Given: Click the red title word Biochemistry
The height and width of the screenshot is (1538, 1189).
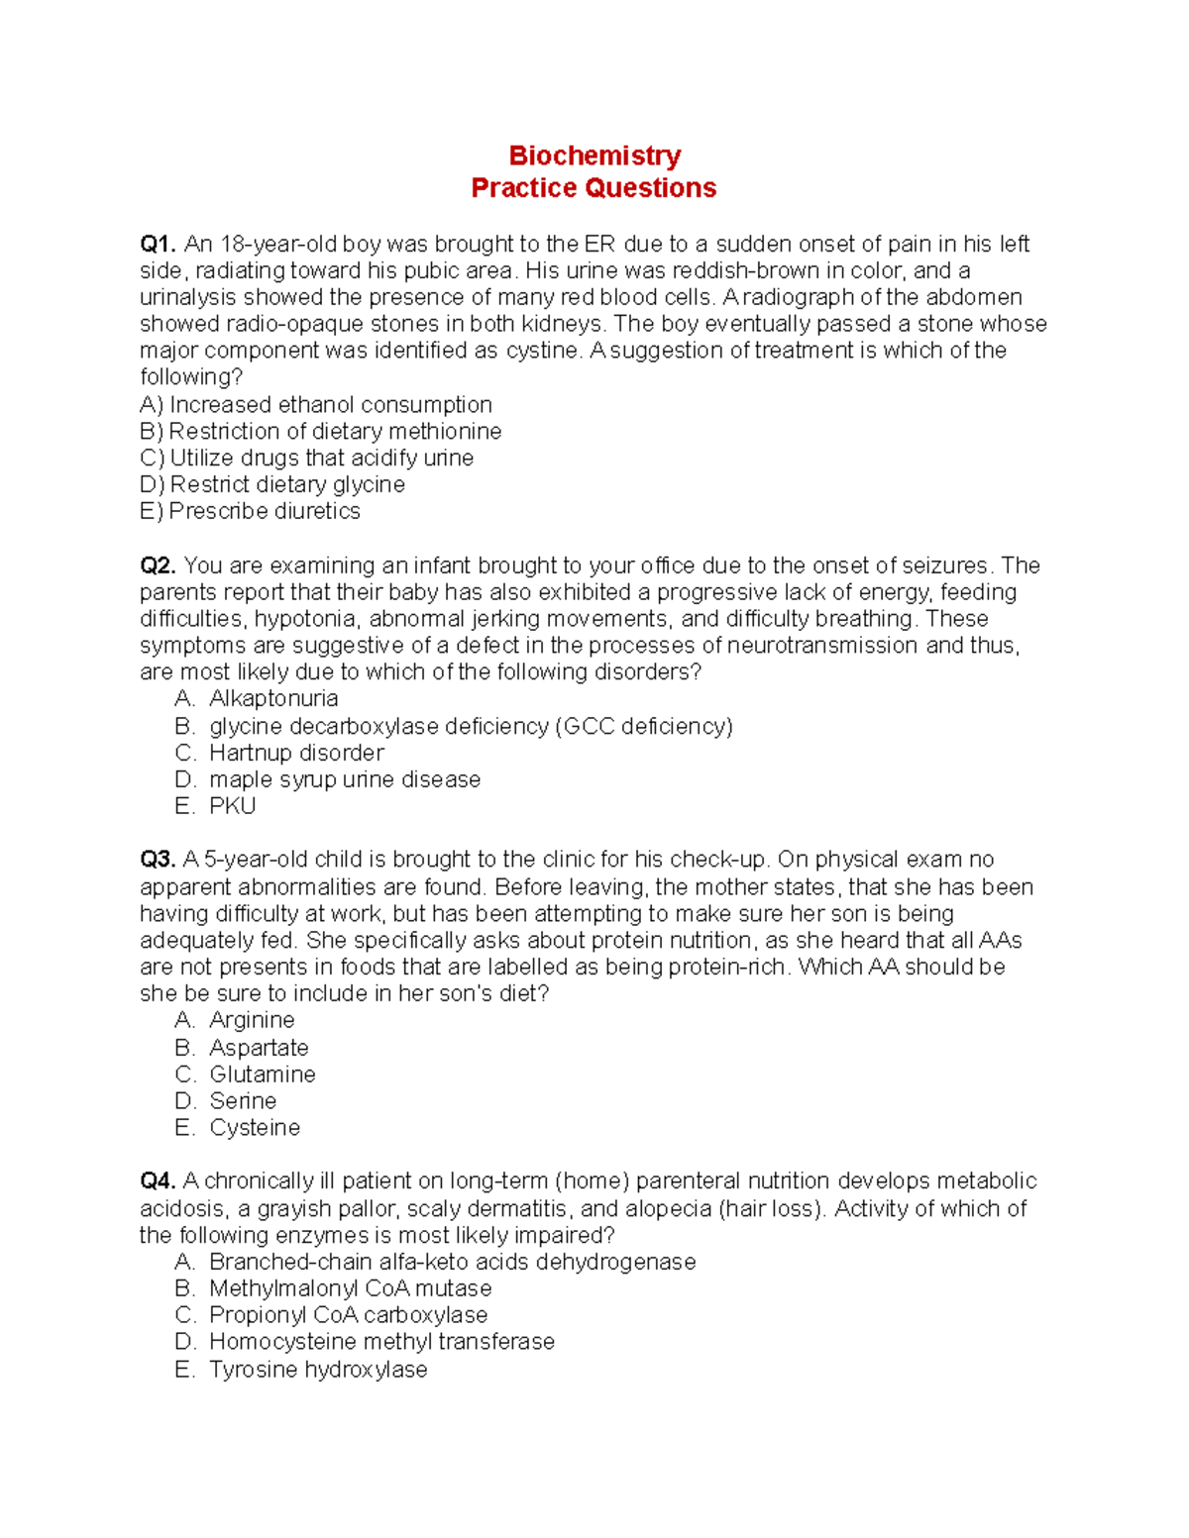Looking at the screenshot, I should click(x=594, y=155).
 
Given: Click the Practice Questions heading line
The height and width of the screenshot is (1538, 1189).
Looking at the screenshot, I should click(x=594, y=188).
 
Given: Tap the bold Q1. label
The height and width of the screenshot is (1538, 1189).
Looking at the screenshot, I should click(x=158, y=245).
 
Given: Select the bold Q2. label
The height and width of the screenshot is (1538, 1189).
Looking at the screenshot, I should click(x=158, y=565).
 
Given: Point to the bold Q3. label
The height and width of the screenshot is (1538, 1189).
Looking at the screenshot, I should click(x=158, y=860).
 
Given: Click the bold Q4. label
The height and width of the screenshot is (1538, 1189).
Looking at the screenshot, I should click(x=158, y=1181).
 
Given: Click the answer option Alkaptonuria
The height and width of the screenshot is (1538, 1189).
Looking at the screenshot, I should click(x=273, y=699).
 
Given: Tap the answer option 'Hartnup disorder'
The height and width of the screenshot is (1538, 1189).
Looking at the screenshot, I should click(x=296, y=753).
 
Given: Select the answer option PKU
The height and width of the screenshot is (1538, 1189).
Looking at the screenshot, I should click(x=233, y=806).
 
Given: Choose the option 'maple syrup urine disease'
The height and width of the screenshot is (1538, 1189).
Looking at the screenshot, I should click(x=345, y=779).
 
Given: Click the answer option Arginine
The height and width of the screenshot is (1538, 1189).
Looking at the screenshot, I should click(x=252, y=1020).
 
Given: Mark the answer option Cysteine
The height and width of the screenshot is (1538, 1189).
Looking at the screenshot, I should click(x=255, y=1128).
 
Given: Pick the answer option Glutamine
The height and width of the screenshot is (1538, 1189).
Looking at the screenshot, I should click(x=263, y=1075).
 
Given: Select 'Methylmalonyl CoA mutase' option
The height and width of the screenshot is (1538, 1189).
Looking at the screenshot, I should click(x=350, y=1288).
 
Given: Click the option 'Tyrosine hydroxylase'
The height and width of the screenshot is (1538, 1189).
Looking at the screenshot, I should click(x=318, y=1370).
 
